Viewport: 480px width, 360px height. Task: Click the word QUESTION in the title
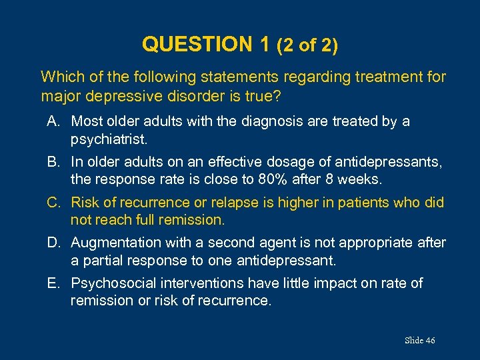coord(197,45)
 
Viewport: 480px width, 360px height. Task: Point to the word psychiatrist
coord(110,139)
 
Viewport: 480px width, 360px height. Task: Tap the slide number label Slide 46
coord(419,341)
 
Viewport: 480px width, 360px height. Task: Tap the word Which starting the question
coord(61,77)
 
